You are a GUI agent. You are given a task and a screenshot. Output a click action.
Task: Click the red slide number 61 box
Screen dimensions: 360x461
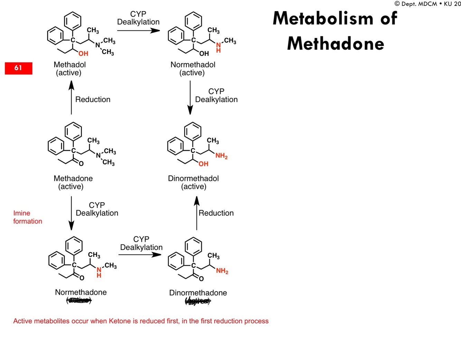[x=18, y=68]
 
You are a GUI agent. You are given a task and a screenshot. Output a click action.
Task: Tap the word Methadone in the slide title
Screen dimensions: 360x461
[x=336, y=44]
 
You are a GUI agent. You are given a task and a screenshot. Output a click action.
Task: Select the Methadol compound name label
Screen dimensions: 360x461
[x=69, y=65]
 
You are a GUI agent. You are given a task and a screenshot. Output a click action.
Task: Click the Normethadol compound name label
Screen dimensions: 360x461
[x=193, y=65]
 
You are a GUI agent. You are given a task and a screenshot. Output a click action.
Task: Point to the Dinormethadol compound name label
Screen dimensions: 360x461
[x=193, y=178]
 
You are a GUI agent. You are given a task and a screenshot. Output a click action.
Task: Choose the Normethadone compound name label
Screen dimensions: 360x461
[x=81, y=292]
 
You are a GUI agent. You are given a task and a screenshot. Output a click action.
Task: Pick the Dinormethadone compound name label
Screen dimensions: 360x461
[x=198, y=293]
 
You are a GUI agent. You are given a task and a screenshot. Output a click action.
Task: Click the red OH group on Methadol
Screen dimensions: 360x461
[x=83, y=54]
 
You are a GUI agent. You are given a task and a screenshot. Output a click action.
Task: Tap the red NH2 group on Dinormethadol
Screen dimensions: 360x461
[x=222, y=156]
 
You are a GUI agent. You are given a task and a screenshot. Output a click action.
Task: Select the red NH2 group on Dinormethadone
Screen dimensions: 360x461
[x=222, y=271]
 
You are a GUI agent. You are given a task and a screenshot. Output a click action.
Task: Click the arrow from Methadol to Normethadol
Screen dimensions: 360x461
[x=138, y=30]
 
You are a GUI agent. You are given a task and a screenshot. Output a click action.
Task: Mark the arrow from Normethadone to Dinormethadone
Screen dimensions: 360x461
[x=140, y=255]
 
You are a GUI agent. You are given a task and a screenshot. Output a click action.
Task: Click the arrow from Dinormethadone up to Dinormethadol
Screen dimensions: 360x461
[x=197, y=213]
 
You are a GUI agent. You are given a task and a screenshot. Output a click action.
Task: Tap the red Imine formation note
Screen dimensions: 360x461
[x=28, y=217]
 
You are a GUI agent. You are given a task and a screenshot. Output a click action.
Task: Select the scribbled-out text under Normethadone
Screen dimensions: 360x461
[x=79, y=301]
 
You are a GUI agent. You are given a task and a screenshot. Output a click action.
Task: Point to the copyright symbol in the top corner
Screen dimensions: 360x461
[x=397, y=4]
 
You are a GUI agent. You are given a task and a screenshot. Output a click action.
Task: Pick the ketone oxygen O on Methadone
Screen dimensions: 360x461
[x=81, y=164]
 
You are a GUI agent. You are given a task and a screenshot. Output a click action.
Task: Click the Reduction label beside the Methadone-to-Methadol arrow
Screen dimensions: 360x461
[x=93, y=100]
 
